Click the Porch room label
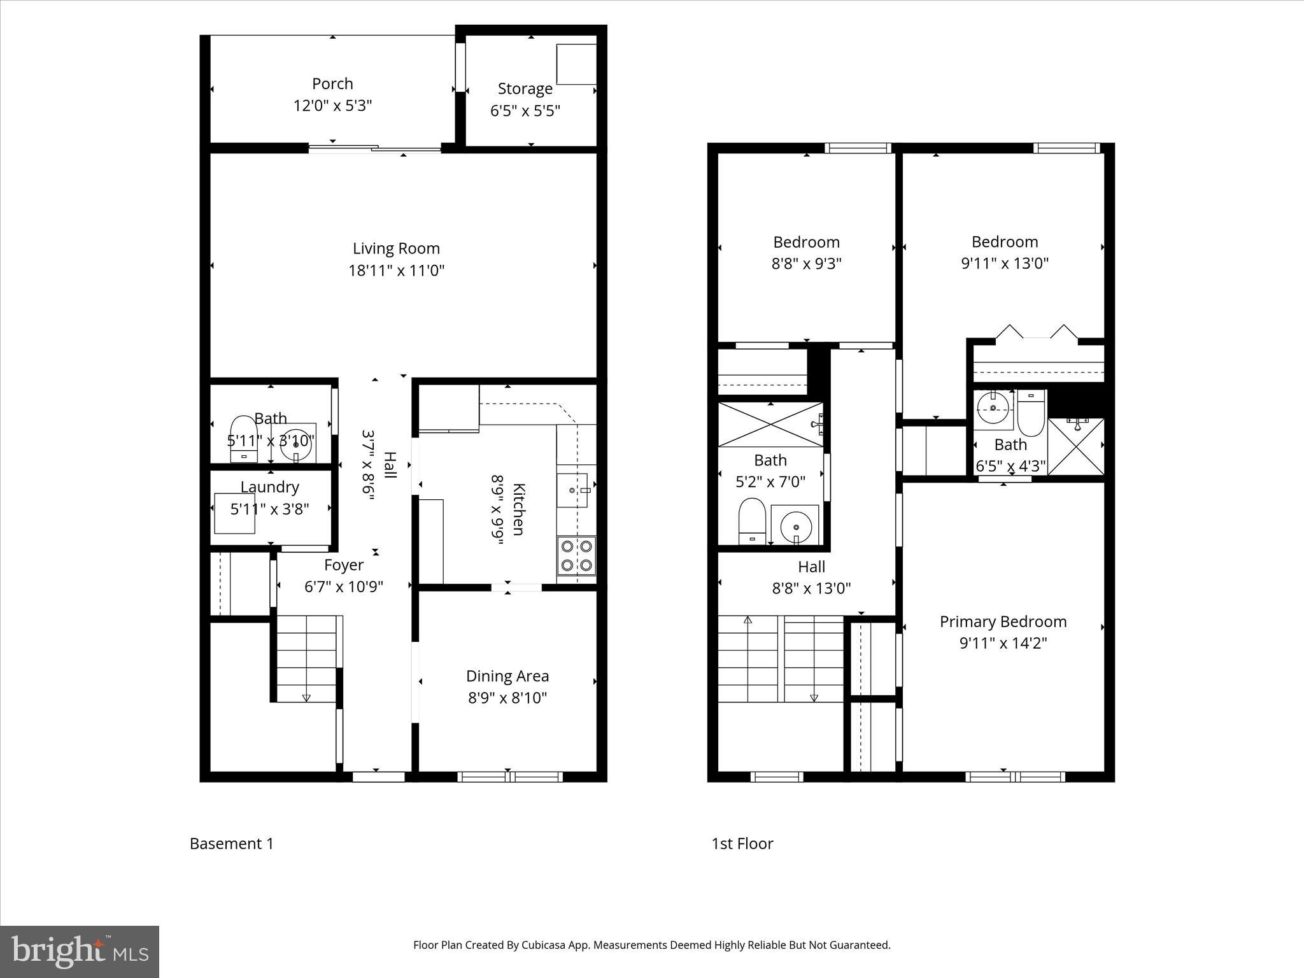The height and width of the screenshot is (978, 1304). [x=332, y=84]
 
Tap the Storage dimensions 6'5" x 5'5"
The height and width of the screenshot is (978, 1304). [x=525, y=111]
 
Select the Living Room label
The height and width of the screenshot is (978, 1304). [x=396, y=248]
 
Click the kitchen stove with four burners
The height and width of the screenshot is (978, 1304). [x=577, y=556]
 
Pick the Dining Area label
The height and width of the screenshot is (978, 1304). [x=507, y=676]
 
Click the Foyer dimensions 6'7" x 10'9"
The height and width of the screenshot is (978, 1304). [x=343, y=586]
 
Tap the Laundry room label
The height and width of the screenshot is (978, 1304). [x=269, y=487]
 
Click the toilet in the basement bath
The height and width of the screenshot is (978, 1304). [x=242, y=436]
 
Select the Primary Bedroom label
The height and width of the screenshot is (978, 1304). [x=1003, y=621]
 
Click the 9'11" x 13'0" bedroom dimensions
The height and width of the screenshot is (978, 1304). [x=1004, y=263]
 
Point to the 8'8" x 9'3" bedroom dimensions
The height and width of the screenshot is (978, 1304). [x=806, y=263]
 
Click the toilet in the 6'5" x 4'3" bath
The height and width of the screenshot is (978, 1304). [x=1031, y=415]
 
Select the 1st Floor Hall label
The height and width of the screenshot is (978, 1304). [x=811, y=567]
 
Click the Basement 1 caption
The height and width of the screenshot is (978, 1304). [x=232, y=844]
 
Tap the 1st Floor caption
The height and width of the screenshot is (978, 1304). [x=742, y=844]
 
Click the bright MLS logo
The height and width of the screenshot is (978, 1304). [x=80, y=951]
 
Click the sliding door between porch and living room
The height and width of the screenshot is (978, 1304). [x=374, y=150]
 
